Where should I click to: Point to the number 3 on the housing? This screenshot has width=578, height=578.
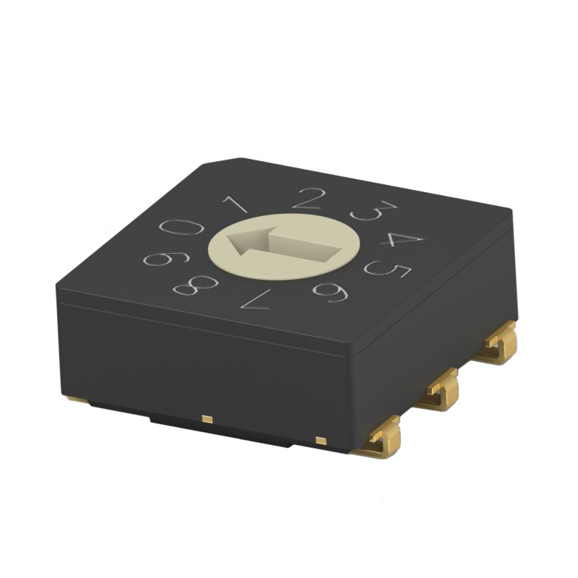374,211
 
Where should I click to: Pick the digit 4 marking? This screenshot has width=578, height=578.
402,238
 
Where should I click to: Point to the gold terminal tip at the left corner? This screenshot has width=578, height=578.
77,399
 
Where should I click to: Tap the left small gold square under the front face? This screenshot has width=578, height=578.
207,418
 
